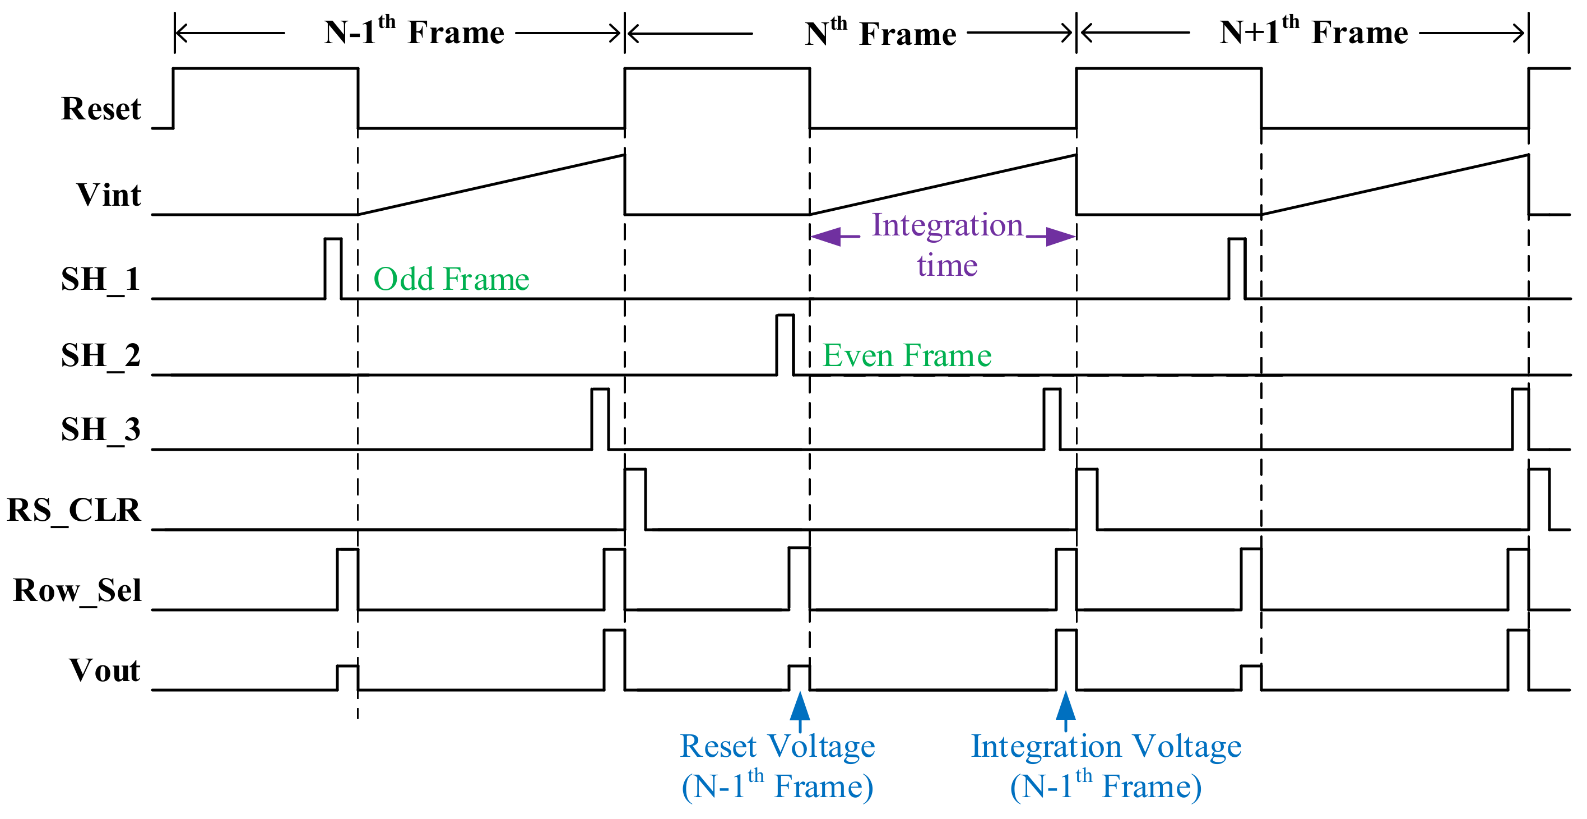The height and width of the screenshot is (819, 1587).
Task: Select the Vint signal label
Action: [x=109, y=195]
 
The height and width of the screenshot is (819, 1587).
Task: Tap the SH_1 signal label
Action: [x=101, y=280]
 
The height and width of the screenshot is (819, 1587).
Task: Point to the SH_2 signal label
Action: [x=101, y=356]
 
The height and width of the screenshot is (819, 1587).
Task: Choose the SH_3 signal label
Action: [x=101, y=429]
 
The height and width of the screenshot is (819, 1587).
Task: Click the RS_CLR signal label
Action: [x=74, y=511]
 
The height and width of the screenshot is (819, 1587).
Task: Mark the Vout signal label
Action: [x=105, y=670]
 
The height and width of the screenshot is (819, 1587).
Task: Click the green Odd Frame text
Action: [x=452, y=279]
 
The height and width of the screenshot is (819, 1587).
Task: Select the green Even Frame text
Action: [x=907, y=355]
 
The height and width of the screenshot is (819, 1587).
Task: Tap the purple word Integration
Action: [x=948, y=225]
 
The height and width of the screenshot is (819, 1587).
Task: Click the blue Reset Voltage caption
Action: [x=777, y=746]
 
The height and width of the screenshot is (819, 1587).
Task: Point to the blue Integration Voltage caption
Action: [x=1106, y=746]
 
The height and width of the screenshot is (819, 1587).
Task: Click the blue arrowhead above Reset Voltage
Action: [x=800, y=706]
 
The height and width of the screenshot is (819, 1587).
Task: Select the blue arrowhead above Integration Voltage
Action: [x=1066, y=706]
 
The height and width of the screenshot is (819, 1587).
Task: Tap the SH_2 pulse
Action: [x=786, y=345]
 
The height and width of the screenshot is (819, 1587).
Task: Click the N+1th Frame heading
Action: [x=1314, y=31]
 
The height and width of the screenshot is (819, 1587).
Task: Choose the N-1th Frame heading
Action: [x=414, y=31]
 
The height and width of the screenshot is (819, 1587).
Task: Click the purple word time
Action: [x=948, y=266]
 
